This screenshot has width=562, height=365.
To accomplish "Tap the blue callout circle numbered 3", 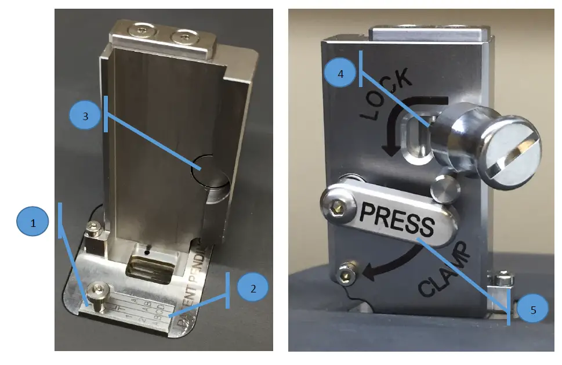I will click(x=85, y=116).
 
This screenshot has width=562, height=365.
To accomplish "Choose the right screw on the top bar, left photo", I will click(x=183, y=38).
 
